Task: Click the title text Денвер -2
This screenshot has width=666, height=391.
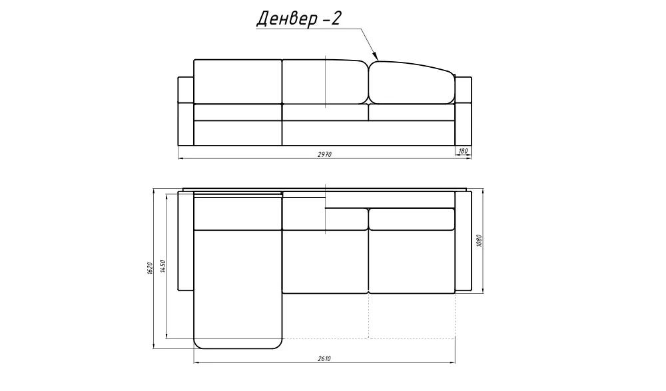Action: (298, 19)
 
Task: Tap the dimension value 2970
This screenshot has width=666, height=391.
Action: (324, 154)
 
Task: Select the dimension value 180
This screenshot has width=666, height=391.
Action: (463, 150)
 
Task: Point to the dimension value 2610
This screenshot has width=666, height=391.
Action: (324, 359)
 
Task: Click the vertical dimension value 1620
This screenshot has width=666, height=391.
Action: (149, 268)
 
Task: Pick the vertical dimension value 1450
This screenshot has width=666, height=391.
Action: (163, 266)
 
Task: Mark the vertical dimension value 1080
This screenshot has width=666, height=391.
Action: (479, 241)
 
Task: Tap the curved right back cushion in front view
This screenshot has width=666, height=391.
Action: (411, 83)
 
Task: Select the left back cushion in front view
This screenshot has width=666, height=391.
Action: (238, 81)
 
